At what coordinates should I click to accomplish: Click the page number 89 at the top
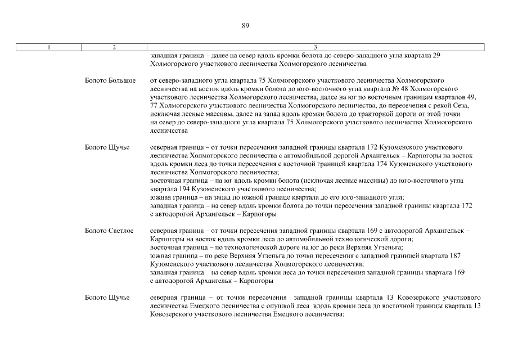coord(245,25)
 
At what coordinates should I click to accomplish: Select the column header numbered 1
coord(49,47)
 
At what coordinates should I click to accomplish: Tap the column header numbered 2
coord(114,47)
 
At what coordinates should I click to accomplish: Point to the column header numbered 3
coord(315,47)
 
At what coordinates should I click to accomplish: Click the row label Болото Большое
coord(110,81)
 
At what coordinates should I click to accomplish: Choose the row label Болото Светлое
coord(109,231)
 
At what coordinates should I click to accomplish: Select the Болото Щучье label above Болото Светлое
coord(107,147)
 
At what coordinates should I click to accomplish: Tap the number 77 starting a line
coord(154,106)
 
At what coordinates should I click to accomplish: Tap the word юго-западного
coord(353,198)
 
